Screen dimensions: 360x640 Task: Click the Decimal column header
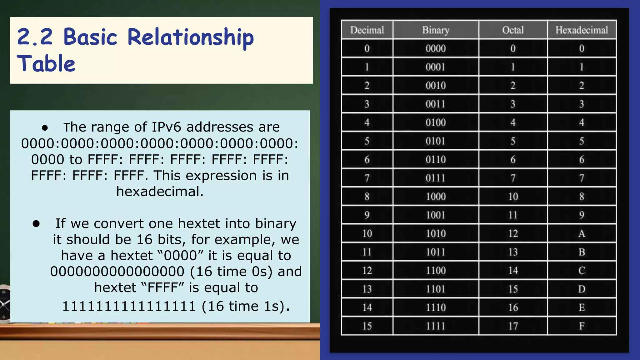click(x=367, y=30)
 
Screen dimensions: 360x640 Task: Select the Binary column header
click(x=436, y=30)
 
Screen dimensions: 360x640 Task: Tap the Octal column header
click(x=513, y=30)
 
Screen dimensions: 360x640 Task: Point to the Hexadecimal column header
click(x=582, y=30)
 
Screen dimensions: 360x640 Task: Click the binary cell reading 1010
click(x=436, y=233)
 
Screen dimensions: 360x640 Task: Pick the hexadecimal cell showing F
click(x=582, y=326)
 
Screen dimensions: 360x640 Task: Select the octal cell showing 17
click(x=513, y=326)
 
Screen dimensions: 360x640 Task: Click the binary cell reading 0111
click(x=436, y=178)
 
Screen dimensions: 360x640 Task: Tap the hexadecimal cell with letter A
click(x=582, y=233)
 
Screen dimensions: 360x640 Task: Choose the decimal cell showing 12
click(x=367, y=270)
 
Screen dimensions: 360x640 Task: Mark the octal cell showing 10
click(x=513, y=197)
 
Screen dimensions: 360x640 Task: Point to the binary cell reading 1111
click(x=436, y=326)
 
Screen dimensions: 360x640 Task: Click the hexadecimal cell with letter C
click(x=582, y=270)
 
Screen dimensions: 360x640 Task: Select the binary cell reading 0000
click(x=436, y=48)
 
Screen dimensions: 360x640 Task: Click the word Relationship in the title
click(x=190, y=37)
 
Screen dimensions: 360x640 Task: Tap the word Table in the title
click(x=46, y=63)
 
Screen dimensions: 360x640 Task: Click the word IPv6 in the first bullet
click(x=166, y=127)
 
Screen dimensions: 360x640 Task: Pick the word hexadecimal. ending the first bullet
click(x=160, y=192)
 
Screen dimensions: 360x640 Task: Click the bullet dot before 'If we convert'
click(x=36, y=223)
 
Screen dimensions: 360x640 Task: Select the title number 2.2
click(x=35, y=37)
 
